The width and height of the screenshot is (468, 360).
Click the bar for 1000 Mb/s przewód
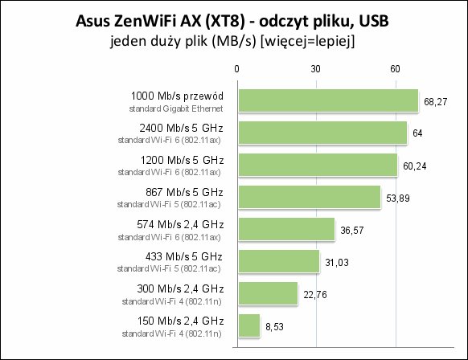coord(328,100)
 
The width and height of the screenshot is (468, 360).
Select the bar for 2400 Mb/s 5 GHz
coord(322,133)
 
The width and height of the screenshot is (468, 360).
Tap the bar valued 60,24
coord(318,165)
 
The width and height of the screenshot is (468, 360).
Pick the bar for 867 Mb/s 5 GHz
coord(310,197)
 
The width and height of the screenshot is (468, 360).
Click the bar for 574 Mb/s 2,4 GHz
coord(286,229)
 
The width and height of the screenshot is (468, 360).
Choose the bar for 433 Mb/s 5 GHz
coord(279,261)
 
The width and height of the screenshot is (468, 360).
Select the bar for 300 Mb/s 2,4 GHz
coord(268,293)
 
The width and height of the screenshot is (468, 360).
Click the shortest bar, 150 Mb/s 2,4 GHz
coord(249,325)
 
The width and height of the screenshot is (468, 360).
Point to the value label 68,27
coord(436,102)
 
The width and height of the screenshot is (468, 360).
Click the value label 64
coord(417,133)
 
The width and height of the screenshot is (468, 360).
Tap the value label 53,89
coord(398,198)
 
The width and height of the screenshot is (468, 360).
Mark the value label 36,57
coord(352,231)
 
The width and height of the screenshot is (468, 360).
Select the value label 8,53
coord(274,327)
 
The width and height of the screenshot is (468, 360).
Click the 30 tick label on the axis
coord(316,69)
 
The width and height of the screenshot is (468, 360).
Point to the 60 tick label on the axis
coord(395,69)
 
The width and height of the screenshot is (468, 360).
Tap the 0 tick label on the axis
coord(236,69)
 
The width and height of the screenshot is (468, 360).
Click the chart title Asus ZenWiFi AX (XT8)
coord(160,22)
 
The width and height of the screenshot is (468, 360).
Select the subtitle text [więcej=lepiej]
coord(308,41)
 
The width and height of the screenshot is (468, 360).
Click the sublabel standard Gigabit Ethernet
coord(176,108)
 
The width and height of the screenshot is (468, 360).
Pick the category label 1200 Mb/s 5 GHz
coord(182,160)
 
